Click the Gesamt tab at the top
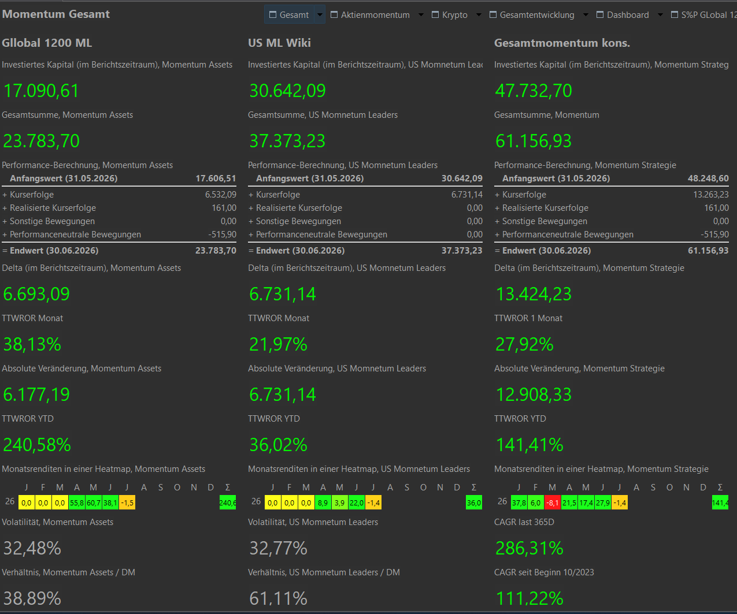pos(289,15)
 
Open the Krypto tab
pos(450,15)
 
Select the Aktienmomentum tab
pos(370,15)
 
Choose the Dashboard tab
pos(623,15)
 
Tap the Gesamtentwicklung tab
pos(532,15)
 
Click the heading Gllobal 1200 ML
pos(47,43)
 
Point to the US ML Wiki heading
pos(279,43)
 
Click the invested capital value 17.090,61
pos(41,91)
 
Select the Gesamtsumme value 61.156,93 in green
pos(533,141)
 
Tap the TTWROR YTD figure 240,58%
pos(37,445)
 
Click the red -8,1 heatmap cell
pos(553,503)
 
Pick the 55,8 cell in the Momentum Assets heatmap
pos(77,503)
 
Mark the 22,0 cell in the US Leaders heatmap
pos(357,503)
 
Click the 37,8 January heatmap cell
pos(519,503)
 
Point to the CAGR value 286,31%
pos(529,548)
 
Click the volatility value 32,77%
pos(278,548)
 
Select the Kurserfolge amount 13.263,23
pos(711,195)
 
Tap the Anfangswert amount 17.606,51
pos(216,178)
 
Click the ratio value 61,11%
pos(278,598)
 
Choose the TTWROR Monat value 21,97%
pos(278,344)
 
